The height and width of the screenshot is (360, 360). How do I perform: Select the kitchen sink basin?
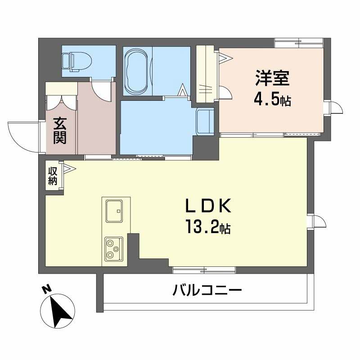coord(114,211)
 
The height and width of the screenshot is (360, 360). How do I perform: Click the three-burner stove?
coord(114,249)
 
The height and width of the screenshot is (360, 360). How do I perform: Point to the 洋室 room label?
coord(272,78)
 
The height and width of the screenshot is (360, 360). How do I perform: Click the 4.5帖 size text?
coord(272,100)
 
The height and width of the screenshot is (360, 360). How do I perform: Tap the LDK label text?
coord(208,206)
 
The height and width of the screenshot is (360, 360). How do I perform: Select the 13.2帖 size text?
coord(208,227)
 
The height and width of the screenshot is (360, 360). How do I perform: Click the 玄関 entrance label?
coord(60,130)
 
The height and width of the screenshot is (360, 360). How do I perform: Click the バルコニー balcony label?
coord(207,290)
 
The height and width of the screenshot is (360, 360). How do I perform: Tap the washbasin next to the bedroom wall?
coord(205,121)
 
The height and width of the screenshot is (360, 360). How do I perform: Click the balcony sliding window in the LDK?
coord(204,270)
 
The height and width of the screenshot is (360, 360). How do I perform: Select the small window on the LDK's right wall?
coord(316,221)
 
